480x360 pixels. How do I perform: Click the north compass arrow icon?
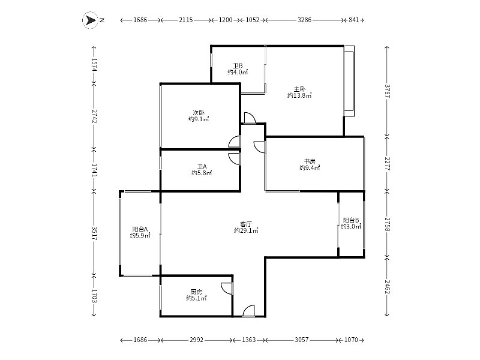[90, 20]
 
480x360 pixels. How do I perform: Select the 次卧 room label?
[199, 113]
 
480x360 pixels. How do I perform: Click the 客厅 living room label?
[246, 224]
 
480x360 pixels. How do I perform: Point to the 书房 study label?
[310, 161]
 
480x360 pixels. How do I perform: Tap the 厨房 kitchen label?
[196, 292]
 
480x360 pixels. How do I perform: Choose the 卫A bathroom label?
[202, 166]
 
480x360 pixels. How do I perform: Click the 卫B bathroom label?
[238, 66]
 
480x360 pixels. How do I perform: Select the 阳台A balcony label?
[140, 229]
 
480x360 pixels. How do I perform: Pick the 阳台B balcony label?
[351, 220]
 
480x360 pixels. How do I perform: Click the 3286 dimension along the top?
[304, 20]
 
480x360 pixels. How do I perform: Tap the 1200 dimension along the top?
[226, 20]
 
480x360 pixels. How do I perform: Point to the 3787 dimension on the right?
[387, 91]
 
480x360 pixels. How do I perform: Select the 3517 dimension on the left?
[94, 233]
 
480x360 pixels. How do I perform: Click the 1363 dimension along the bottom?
[248, 340]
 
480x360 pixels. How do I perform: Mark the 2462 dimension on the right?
[387, 287]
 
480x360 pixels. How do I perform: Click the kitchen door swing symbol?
[227, 289]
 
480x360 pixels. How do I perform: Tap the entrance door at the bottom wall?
[248, 311]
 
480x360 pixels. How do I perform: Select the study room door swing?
[260, 147]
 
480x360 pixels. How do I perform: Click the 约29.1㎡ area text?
[246, 230]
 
